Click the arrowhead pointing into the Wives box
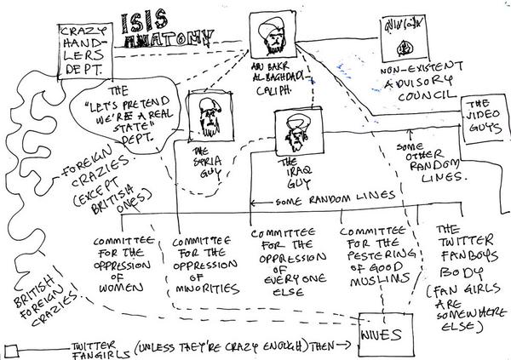point(353,346)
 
